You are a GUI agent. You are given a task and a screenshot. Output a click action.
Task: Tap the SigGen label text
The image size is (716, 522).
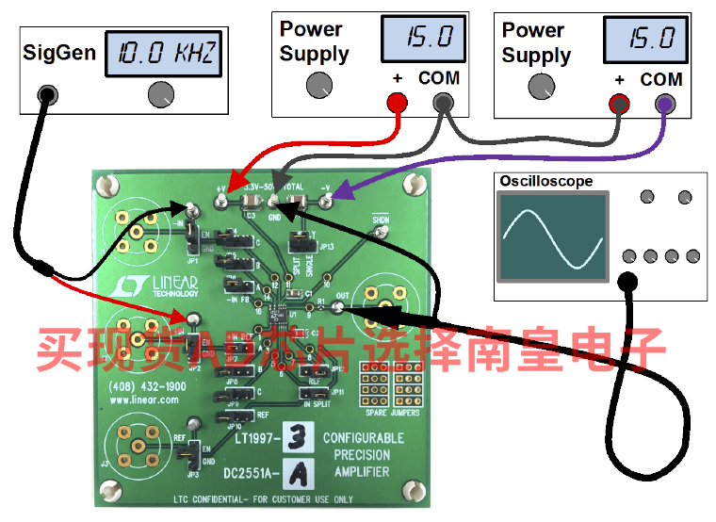coord(59,52)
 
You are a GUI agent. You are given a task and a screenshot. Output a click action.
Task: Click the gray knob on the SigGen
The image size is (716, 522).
coord(162,93)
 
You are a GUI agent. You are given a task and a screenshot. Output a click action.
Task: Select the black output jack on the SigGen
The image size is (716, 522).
coord(45,93)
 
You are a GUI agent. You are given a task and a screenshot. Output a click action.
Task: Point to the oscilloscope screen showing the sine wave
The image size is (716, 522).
coord(553,237)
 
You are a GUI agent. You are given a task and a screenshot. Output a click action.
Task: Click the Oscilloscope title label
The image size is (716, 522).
coord(546,180)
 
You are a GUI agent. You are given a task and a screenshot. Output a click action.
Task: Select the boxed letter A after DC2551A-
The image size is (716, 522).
coord(296,469)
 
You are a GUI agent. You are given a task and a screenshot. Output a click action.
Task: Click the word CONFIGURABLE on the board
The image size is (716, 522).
coord(363,438)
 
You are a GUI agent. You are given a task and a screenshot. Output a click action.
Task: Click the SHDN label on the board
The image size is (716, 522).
coord(380,220)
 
